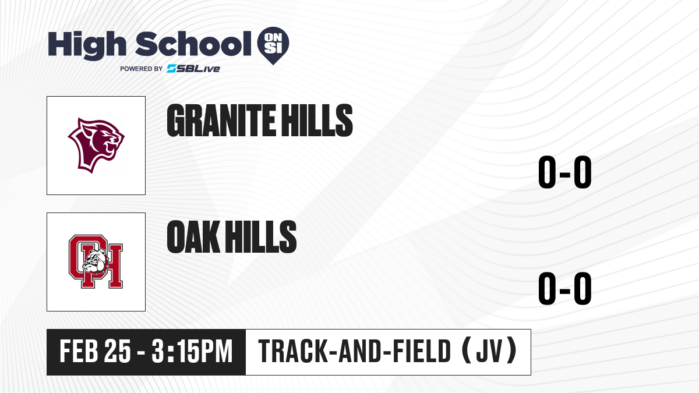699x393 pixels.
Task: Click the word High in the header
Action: tap(87, 45)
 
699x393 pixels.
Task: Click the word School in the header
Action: tap(193, 43)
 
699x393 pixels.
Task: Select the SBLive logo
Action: tap(193, 69)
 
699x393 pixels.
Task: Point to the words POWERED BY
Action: tap(142, 69)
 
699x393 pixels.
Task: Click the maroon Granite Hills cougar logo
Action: tap(96, 146)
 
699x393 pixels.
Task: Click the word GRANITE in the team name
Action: tap(221, 121)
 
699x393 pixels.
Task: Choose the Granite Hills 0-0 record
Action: tap(565, 172)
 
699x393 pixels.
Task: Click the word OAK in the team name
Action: tap(193, 237)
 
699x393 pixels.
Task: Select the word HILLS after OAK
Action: tap(260, 237)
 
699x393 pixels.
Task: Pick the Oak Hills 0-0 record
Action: tap(565, 288)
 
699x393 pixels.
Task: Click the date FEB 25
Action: tap(95, 351)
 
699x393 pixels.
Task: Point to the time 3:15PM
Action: tap(192, 351)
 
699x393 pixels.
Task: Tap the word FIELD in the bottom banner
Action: tap(422, 351)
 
